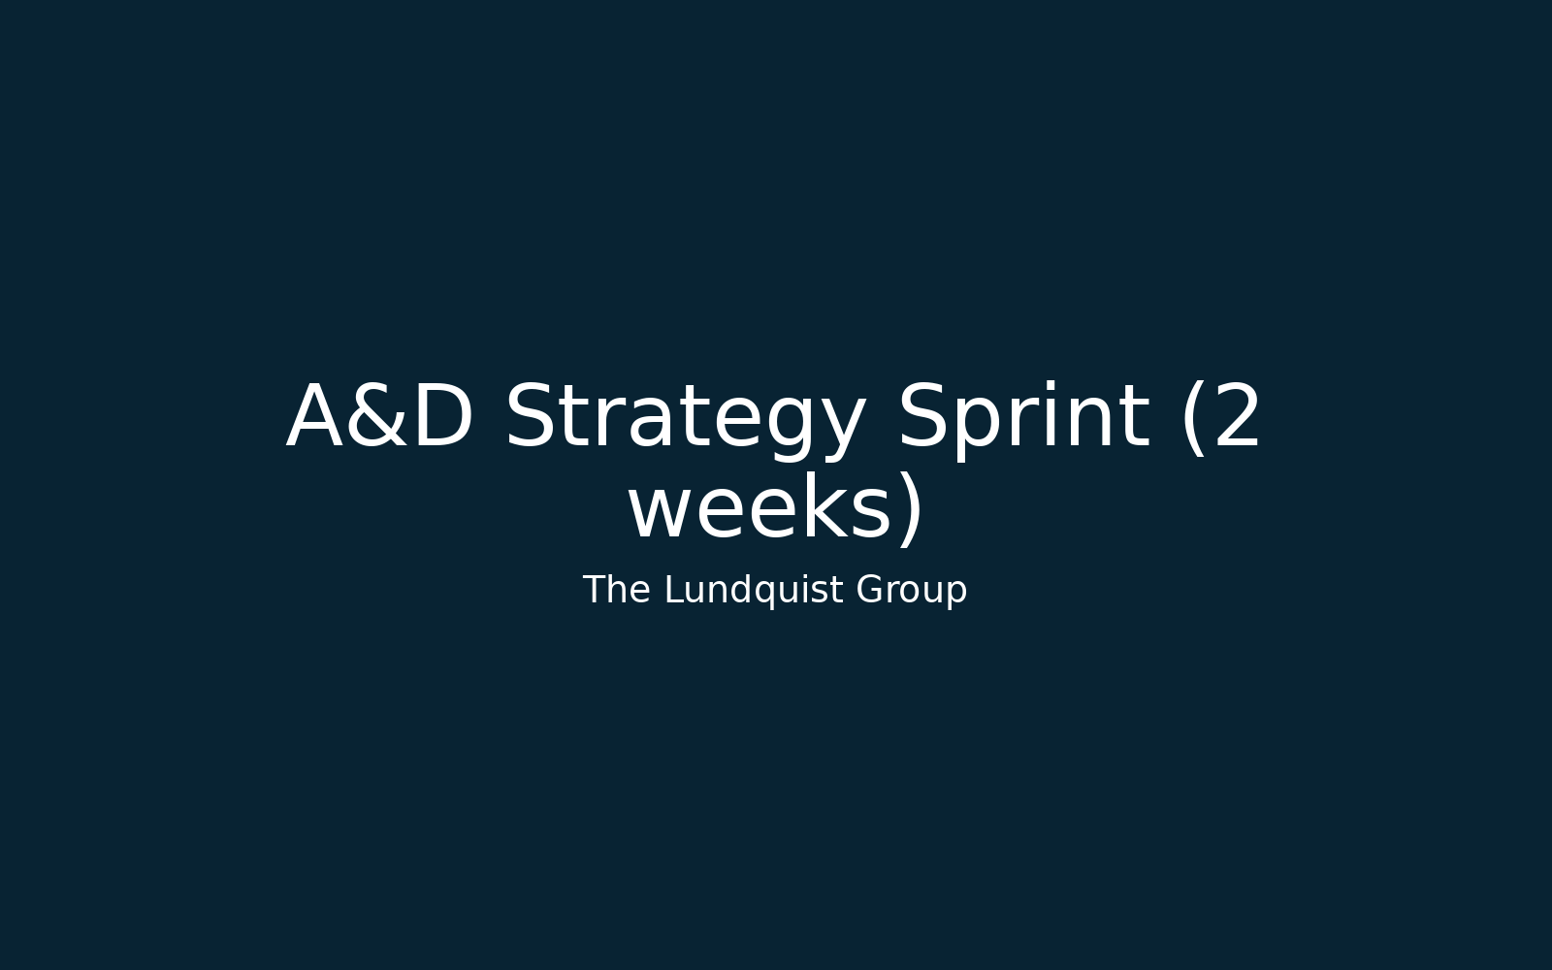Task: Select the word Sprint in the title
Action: coord(1024,418)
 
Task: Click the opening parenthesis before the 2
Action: coord(1195,420)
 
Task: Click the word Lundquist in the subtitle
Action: coord(754,591)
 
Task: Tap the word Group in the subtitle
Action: coord(911,591)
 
